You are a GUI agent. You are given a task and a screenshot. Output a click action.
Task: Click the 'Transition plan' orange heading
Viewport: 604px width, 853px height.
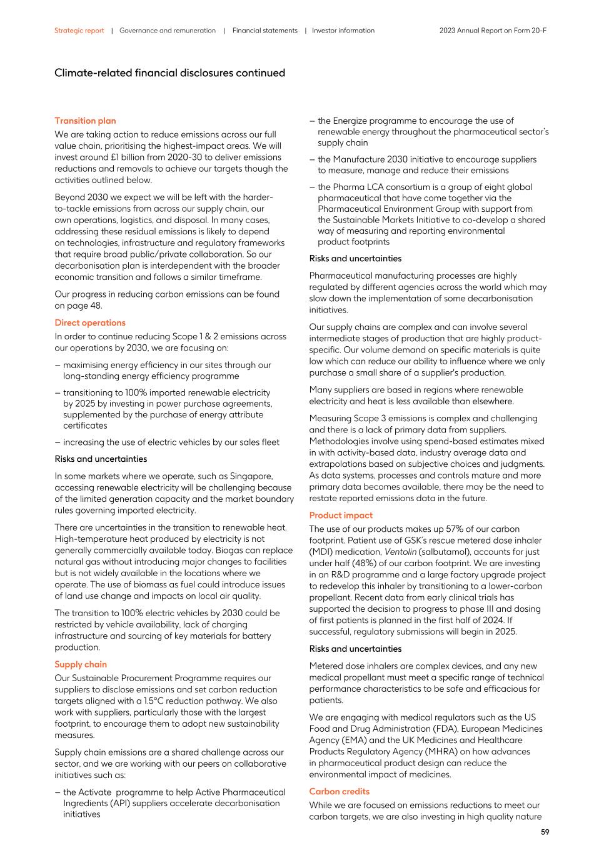coord(85,121)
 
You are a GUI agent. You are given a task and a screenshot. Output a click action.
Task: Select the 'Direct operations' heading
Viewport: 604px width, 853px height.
coord(89,322)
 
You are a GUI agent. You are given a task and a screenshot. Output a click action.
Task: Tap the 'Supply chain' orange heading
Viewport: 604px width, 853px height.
coord(80,664)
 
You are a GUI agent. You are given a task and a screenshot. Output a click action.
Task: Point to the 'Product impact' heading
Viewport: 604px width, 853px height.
coord(340,515)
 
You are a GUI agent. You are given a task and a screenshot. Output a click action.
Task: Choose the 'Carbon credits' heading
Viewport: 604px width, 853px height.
coord(339,791)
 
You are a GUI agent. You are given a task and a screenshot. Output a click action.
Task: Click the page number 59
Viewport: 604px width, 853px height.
coord(545,832)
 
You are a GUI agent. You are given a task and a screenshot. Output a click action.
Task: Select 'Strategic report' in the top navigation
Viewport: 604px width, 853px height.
coord(79,31)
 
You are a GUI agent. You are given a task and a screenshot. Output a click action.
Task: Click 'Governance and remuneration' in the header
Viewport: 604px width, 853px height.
coord(167,31)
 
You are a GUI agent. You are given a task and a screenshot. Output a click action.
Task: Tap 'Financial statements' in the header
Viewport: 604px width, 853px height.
coord(264,31)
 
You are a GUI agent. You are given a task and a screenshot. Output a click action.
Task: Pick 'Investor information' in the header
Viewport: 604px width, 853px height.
coord(343,31)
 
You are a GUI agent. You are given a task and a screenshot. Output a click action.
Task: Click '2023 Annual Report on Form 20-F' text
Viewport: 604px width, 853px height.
coord(493,31)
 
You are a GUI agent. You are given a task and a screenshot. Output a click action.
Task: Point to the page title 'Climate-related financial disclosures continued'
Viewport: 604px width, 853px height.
coord(169,73)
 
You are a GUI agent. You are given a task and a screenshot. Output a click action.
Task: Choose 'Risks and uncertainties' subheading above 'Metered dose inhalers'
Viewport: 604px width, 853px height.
coord(355,649)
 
